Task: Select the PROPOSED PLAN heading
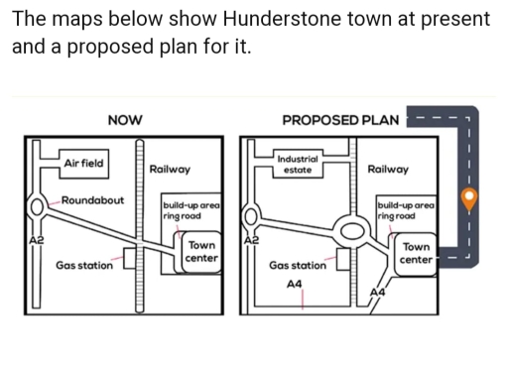point(339,120)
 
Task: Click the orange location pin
point(472,197)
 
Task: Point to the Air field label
point(83,163)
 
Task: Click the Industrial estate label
point(299,165)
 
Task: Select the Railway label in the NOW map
point(169,170)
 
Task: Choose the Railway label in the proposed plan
point(387,170)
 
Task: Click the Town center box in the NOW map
point(202,251)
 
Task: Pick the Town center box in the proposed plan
point(417,252)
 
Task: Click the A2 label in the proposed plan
point(251,241)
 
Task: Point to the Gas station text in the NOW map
point(83,265)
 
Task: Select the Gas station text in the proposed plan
point(298,266)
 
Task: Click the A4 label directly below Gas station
point(294,284)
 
